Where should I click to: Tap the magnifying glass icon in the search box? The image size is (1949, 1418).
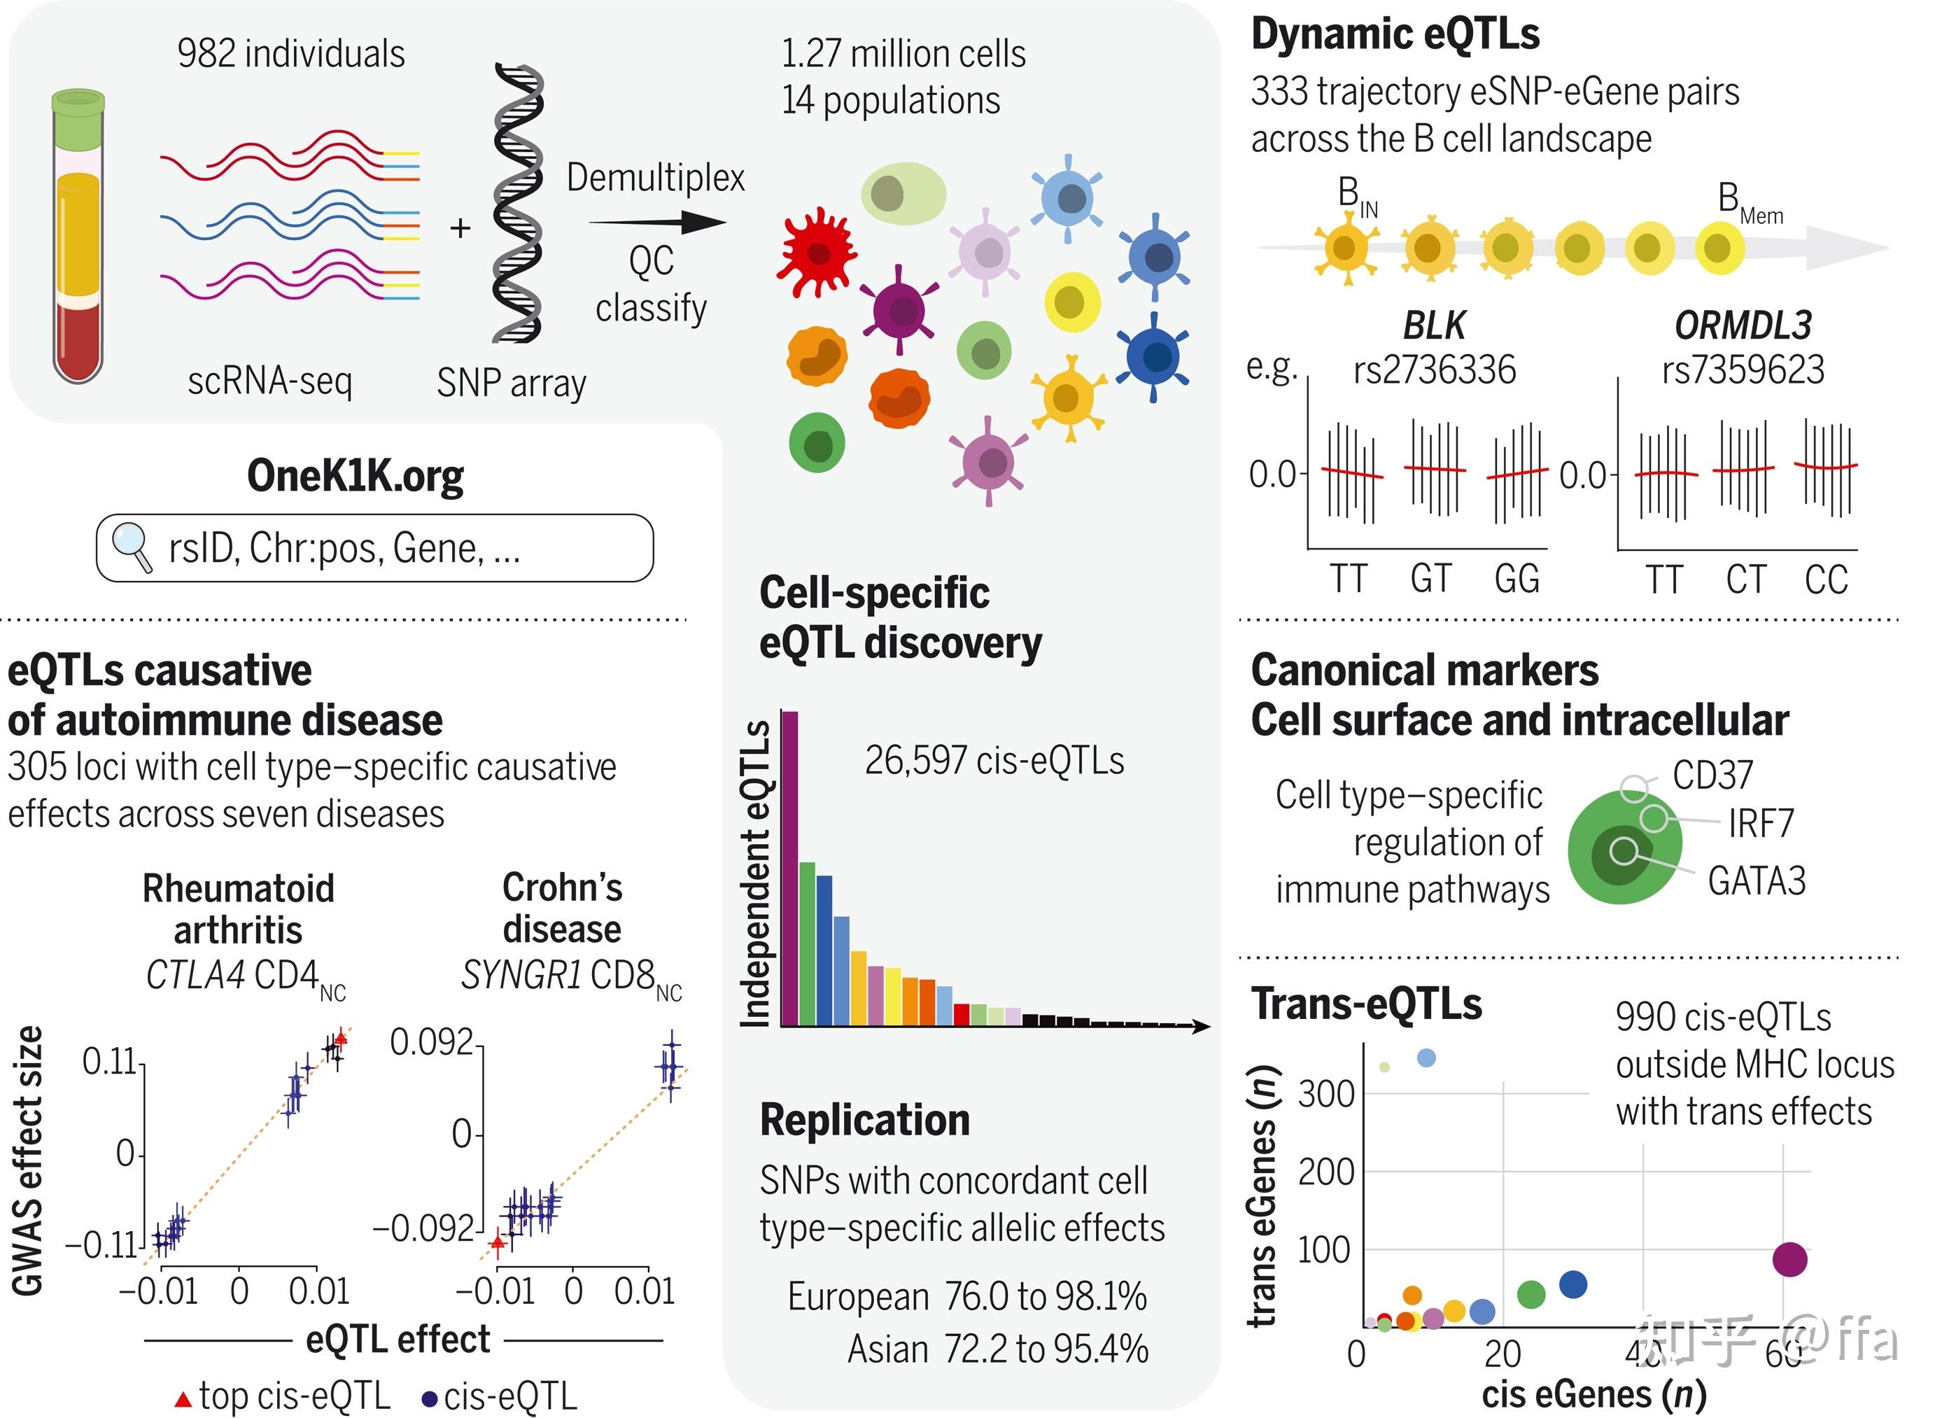point(132,546)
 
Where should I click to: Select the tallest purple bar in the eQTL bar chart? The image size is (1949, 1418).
point(789,868)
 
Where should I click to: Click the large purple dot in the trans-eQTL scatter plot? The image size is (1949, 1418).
point(1790,1260)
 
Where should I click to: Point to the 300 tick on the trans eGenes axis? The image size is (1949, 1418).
point(1326,1095)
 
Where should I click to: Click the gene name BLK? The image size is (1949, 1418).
point(1433,325)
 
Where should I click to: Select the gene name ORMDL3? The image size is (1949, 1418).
point(1743,325)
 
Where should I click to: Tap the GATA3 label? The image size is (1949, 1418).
point(1757,882)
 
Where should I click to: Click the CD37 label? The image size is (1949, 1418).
point(1712,775)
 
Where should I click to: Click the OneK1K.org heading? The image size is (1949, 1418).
point(355,476)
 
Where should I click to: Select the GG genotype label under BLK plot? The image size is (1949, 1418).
point(1517,580)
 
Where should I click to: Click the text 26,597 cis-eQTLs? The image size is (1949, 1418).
point(994,761)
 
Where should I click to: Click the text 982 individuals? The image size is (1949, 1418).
point(290,53)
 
